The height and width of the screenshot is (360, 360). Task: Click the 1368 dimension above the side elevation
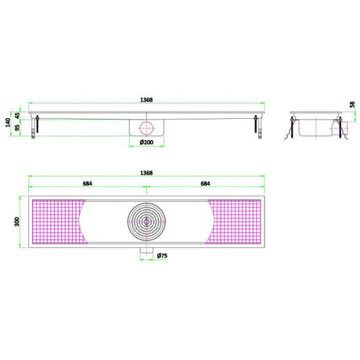pyautogui.click(x=146, y=99)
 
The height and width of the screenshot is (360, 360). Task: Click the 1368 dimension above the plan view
pyautogui.click(x=146, y=172)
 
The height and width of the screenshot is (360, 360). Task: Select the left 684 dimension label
pyautogui.click(x=87, y=184)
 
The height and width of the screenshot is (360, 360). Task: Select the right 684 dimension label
pyautogui.click(x=206, y=184)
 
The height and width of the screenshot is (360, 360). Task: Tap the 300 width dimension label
pyautogui.click(x=14, y=221)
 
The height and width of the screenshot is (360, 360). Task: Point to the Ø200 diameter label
pyautogui.click(x=146, y=142)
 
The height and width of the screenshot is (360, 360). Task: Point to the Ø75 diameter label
pyautogui.click(x=160, y=256)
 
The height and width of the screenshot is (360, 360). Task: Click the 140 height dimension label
pyautogui.click(x=8, y=123)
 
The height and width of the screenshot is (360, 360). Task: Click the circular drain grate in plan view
pyautogui.click(x=146, y=221)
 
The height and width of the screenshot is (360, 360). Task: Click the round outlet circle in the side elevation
pyautogui.click(x=146, y=128)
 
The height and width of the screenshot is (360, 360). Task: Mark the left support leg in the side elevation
pyautogui.click(x=35, y=128)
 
